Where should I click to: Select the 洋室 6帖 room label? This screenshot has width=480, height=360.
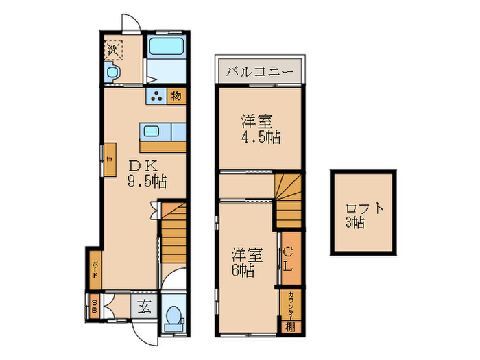click(247, 261)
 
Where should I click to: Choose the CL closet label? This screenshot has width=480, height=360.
click(289, 258)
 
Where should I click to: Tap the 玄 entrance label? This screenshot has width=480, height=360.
click(145, 307)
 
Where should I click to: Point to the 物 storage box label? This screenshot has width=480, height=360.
click(176, 97)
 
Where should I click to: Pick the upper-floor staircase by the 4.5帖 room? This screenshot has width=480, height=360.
click(288, 199)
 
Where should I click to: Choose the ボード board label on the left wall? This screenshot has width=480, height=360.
click(94, 268)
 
